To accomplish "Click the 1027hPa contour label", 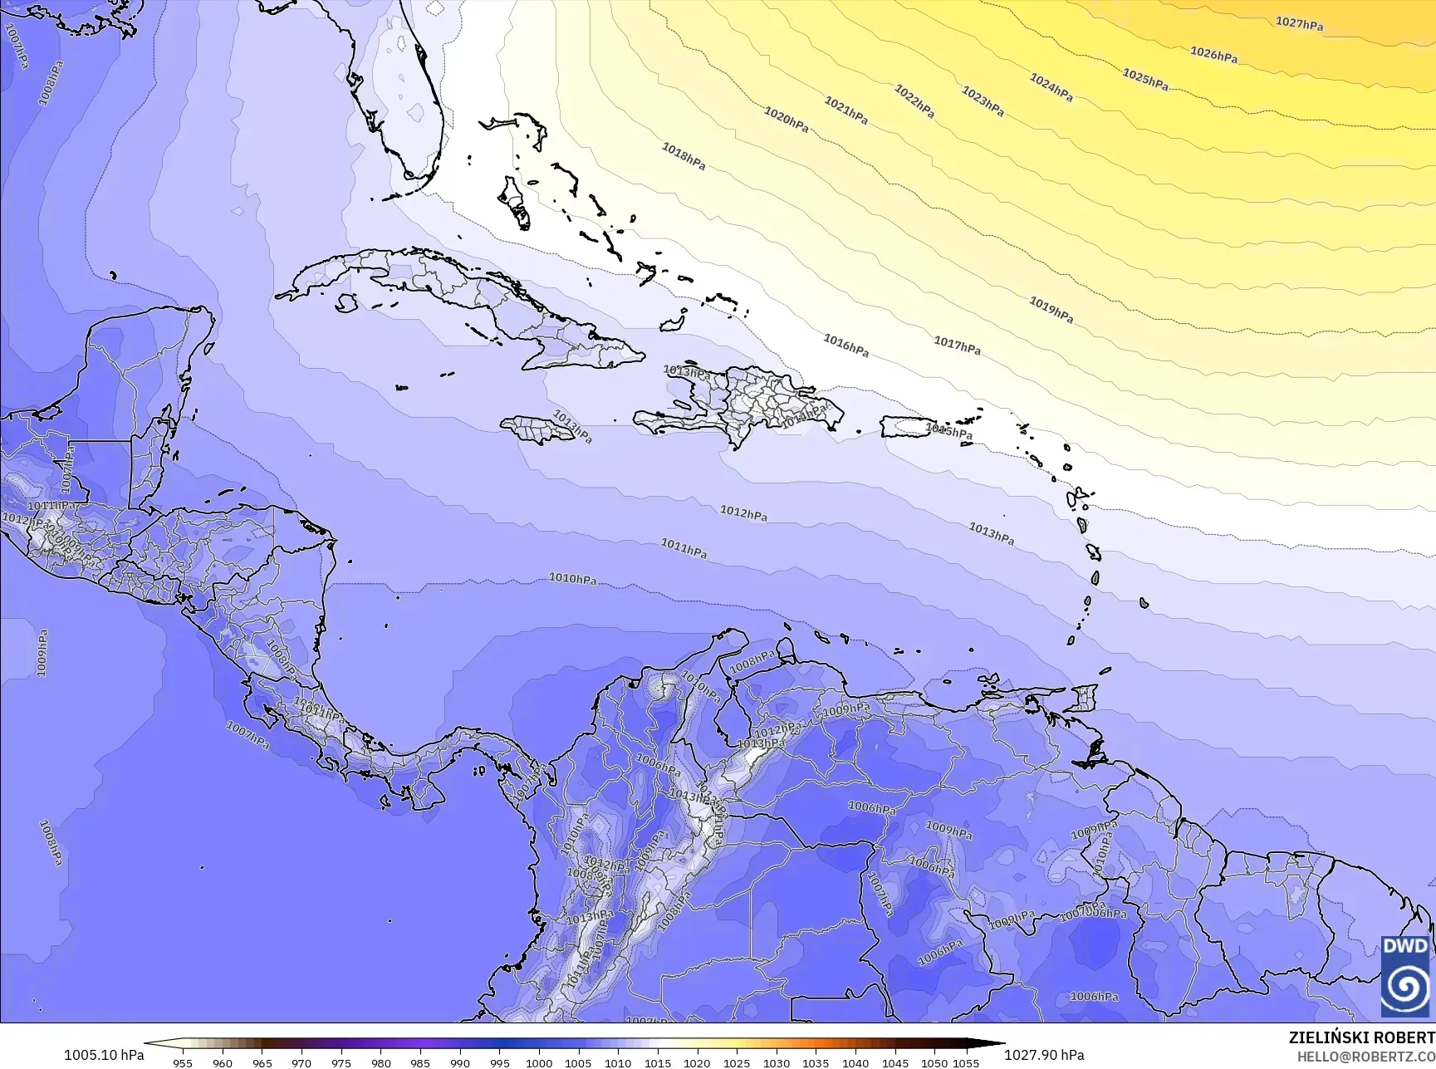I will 1299,24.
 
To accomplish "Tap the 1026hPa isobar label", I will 1213,55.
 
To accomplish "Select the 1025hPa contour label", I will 1145,80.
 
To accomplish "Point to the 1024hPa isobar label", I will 1051,87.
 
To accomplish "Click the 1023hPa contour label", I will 983,101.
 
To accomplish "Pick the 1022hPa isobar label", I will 914,101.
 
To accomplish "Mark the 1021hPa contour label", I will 845,110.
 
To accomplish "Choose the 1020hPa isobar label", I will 786,120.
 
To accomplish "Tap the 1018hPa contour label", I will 684,156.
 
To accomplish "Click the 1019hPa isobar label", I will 1051,310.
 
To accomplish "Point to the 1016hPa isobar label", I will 845,345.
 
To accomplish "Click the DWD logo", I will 1405,975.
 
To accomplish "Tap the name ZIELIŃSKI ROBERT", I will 1361,1037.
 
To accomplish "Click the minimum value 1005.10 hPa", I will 104,1055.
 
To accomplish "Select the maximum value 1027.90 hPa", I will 1044,1055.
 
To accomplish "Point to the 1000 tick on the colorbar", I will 539,1062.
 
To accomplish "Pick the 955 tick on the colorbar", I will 183,1062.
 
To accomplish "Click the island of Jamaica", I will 537,429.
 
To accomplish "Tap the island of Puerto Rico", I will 907,428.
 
